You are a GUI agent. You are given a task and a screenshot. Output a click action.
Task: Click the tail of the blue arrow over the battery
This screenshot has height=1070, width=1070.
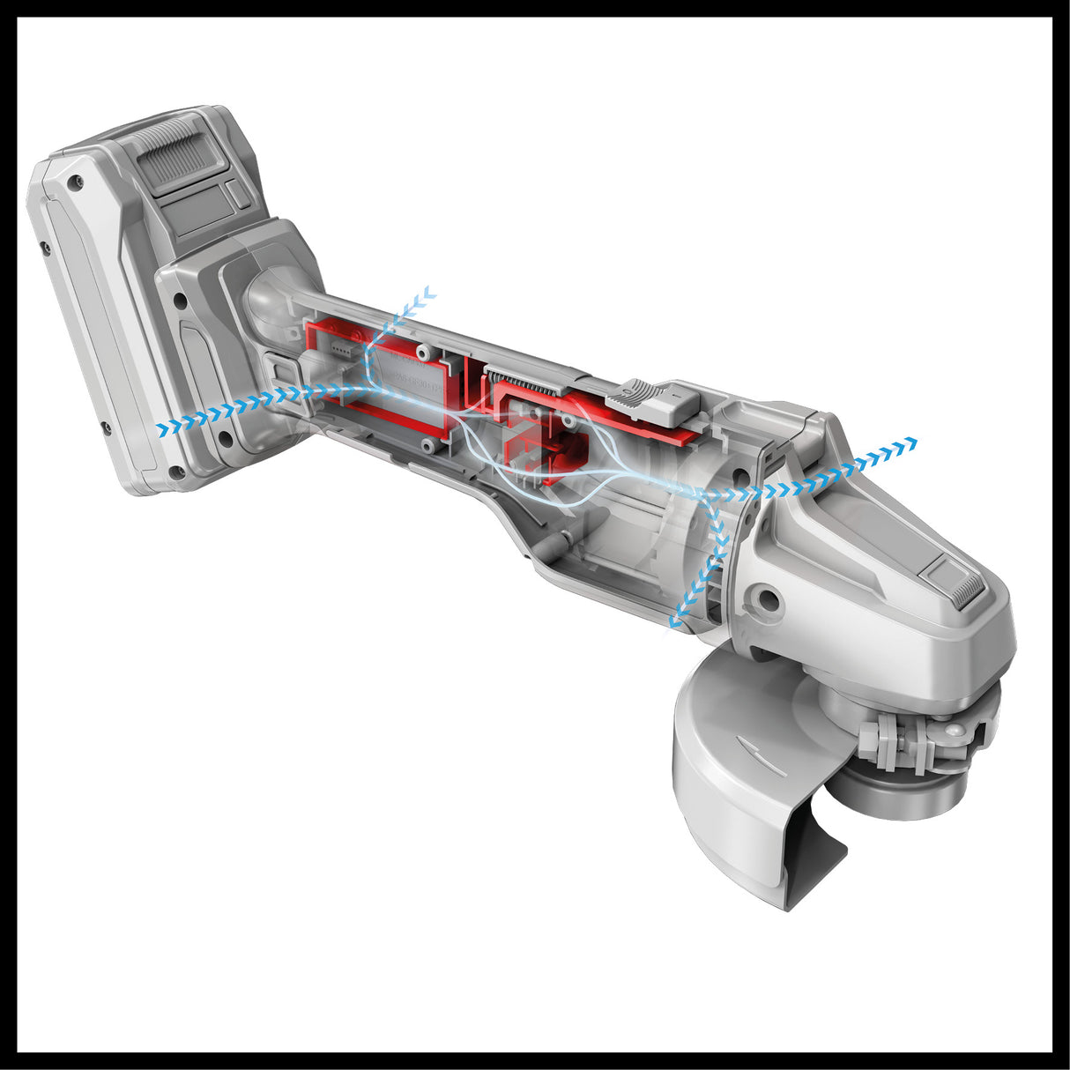[161, 429]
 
